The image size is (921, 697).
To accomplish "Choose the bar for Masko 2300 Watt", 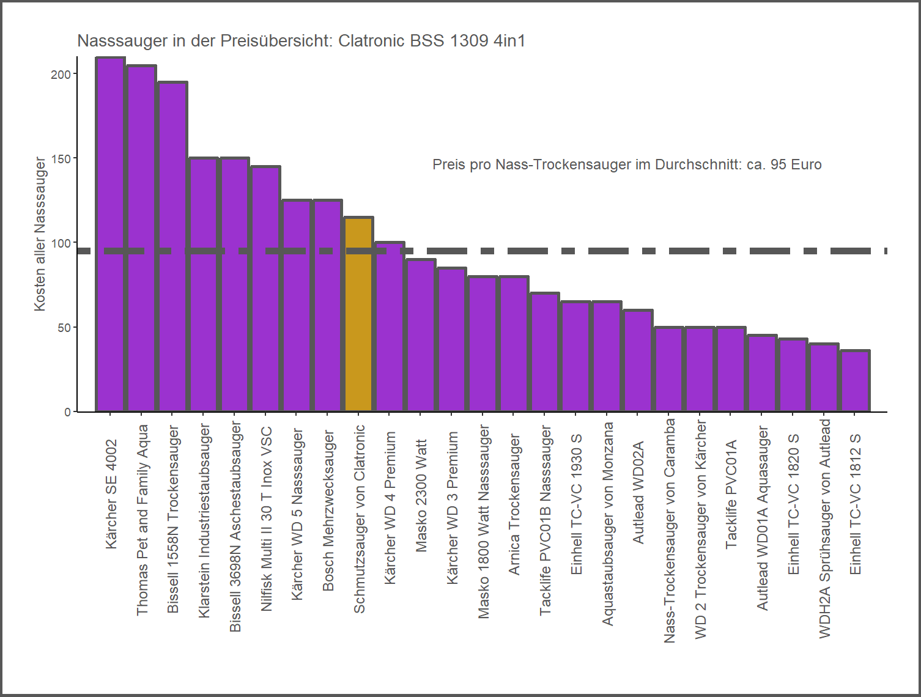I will tap(421, 336).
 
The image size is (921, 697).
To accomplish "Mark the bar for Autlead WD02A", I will tap(638, 361).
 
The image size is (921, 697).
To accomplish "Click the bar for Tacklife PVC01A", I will tap(731, 369).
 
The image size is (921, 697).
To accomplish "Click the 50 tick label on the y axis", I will tap(64, 328).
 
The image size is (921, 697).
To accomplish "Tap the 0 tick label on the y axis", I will tap(67, 412).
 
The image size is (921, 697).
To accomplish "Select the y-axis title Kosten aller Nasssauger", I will tap(40, 234).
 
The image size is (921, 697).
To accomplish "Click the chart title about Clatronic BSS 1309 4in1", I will tap(301, 41).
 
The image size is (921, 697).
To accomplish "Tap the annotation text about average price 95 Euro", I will tap(627, 164).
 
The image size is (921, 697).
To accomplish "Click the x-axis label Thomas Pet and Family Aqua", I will tap(142, 520).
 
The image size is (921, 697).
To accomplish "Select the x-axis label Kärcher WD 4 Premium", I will tap(390, 507).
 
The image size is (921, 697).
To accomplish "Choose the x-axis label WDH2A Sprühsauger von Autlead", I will tap(824, 529).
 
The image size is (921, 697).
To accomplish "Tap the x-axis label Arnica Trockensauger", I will tap(514, 504).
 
